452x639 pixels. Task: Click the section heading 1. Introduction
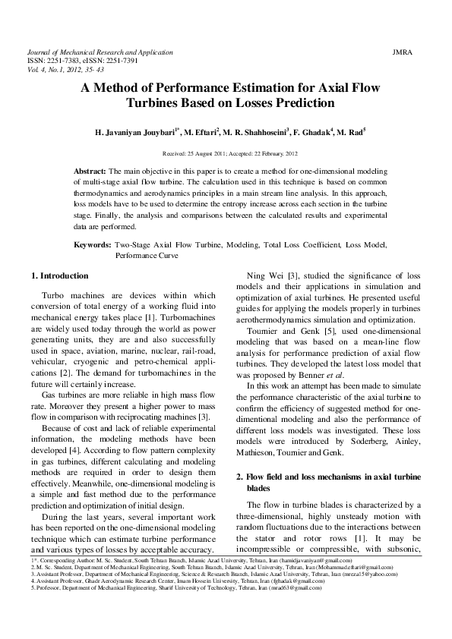59,275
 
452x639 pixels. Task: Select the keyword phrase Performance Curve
147,256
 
